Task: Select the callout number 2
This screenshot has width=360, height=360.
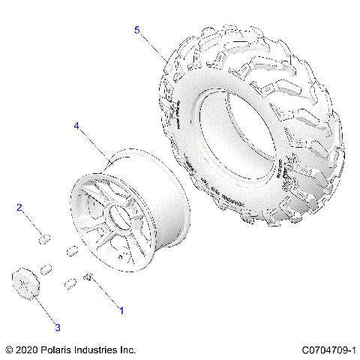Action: (20, 208)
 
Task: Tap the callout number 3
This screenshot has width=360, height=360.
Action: (57, 327)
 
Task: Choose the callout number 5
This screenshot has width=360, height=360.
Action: (137, 30)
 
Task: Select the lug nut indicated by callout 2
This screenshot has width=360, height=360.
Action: (44, 239)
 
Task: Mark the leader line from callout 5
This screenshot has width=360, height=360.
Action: (154, 46)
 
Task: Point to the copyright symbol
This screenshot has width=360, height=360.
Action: (9, 349)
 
